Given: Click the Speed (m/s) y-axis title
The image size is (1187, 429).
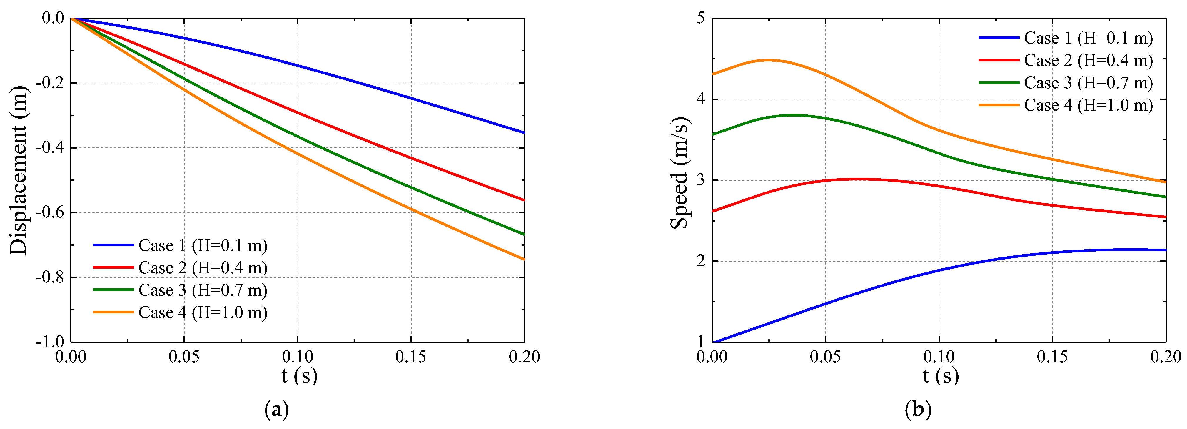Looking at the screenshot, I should coord(679,173).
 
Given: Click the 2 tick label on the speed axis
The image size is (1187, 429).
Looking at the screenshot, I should coord(701,261).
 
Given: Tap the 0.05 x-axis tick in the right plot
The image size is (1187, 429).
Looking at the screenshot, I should coord(825,357).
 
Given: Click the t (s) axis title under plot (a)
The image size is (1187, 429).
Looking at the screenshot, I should coord(300,376).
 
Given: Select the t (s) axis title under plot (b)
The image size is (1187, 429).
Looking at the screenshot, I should coord(941,376).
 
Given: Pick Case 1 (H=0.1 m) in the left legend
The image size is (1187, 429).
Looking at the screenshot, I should coord(203,245).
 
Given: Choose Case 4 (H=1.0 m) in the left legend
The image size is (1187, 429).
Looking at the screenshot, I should coord(203,313).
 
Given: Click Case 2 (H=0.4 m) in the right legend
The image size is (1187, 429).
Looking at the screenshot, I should coord(1088,60).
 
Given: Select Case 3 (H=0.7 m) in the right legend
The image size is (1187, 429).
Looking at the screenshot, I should coord(1088,83).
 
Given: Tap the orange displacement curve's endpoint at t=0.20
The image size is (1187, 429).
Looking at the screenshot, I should coord(524,259).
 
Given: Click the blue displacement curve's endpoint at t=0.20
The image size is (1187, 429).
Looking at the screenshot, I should coord(524,132).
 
